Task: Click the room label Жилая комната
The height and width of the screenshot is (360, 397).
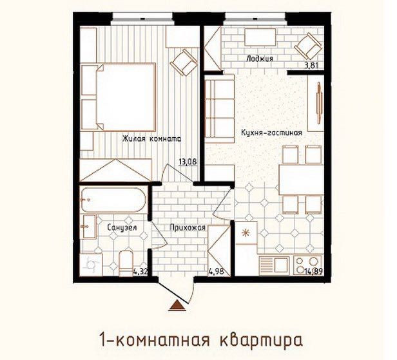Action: coord(153,138)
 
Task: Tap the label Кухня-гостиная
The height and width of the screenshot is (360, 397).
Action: coord(271,133)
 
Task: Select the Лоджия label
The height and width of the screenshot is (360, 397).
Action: coord(260,59)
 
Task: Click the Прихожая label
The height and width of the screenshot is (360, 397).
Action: coord(188,227)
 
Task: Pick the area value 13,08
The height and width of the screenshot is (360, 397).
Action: coord(188,162)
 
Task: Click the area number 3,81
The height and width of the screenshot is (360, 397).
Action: coord(313,64)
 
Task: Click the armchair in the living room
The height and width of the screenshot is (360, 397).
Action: coord(185,62)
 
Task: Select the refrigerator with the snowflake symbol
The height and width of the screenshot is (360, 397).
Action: coord(246,234)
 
